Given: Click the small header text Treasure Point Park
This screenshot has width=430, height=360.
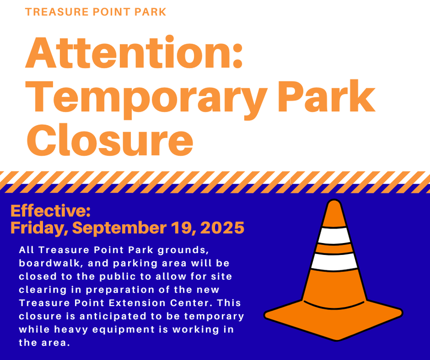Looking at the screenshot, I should click(96, 11).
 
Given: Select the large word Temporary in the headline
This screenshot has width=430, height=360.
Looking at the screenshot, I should click(148, 96).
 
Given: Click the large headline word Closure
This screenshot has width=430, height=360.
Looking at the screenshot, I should click(110, 139).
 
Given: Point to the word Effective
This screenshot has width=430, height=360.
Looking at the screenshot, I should click(50, 211).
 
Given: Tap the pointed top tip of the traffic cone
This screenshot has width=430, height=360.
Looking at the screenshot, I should click(335, 203).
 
